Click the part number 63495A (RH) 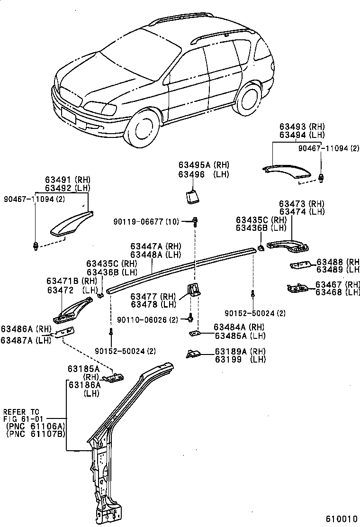tap(204, 165)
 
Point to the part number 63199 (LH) tap(240, 360)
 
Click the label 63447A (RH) tap(156, 246)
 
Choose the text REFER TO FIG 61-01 tap(21, 415)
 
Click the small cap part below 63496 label tap(193, 196)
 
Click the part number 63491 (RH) tap(67, 180)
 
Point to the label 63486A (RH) tap(26, 329)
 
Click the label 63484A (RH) tap(239, 327)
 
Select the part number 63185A tap(83, 369)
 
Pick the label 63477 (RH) tap(153, 296)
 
